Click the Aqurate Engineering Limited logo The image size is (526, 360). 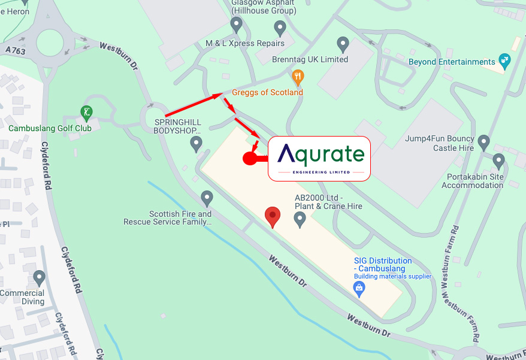319,158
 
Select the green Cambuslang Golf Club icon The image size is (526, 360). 87,112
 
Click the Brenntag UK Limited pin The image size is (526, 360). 343,44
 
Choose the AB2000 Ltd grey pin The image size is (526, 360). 300,219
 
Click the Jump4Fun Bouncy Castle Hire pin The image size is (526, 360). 483,143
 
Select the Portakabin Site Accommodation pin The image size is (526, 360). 498,161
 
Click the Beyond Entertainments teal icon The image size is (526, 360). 504,60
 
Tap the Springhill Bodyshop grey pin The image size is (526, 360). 196,143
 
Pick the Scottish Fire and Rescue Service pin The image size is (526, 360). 207,197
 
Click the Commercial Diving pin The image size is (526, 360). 40,278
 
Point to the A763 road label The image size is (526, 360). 15,51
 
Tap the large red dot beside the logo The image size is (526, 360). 250,158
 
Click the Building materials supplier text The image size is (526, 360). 392,276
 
